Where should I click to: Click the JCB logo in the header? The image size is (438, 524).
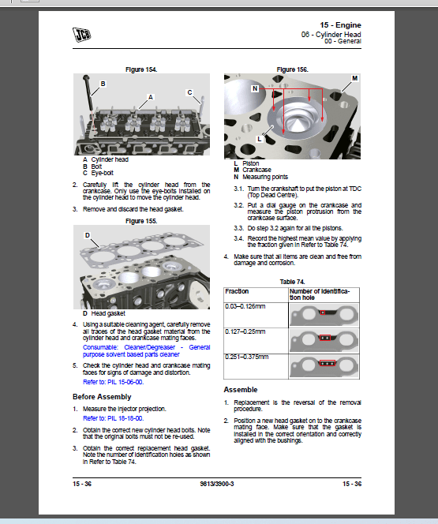[83, 35]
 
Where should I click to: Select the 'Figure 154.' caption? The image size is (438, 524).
[140, 69]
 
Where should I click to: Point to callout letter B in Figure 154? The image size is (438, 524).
[103, 83]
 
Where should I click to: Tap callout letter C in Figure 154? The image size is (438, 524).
[190, 92]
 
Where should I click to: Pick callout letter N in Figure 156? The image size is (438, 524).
[255, 89]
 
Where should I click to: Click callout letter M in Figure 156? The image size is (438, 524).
[354, 79]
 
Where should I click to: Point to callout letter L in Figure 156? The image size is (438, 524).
[259, 139]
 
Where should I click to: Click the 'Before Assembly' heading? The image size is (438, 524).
[102, 396]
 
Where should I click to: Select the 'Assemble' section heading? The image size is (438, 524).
[241, 390]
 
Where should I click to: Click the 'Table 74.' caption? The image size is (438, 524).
[292, 281]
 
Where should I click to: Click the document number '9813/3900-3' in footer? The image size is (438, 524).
[218, 484]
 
